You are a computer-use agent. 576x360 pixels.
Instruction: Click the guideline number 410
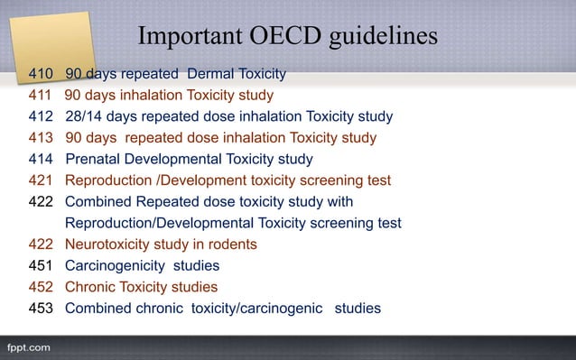[x=42, y=73]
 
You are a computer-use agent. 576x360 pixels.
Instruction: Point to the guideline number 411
[x=42, y=95]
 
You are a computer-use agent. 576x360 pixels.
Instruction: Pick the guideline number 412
[x=42, y=116]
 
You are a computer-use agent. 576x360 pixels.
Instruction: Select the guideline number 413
[x=42, y=138]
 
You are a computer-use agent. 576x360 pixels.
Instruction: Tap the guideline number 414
[x=42, y=160]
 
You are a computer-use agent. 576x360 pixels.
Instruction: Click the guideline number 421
[x=42, y=180]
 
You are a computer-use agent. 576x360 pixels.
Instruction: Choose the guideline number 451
[x=42, y=266]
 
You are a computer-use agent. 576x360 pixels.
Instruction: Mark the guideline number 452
[x=42, y=288]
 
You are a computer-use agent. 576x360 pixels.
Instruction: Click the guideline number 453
[x=42, y=309]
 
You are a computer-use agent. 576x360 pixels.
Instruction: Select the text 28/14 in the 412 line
[x=85, y=116]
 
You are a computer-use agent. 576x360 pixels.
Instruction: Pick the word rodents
[x=231, y=245]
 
